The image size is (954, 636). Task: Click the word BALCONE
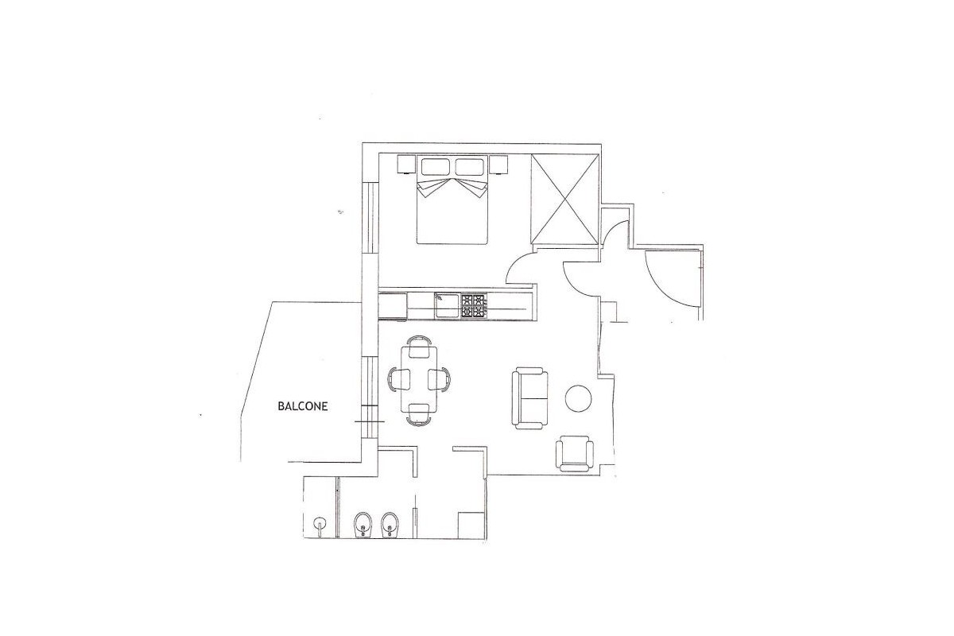[302, 405]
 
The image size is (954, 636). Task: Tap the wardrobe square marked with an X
[564, 199]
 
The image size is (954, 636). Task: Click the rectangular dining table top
[418, 379]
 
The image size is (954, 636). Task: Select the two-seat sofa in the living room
[530, 397]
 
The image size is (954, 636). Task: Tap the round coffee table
[578, 398]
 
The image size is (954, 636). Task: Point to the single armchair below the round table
[573, 453]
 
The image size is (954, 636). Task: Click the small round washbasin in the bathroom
[320, 524]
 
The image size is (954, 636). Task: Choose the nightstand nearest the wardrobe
[498, 165]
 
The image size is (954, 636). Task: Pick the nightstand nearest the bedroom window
[405, 165]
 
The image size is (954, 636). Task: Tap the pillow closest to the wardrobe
[469, 167]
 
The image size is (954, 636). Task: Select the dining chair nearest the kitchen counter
[418, 343]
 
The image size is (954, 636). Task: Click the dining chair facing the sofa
[442, 379]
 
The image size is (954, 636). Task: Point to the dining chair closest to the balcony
[396, 379]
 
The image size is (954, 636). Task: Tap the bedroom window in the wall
[370, 219]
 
